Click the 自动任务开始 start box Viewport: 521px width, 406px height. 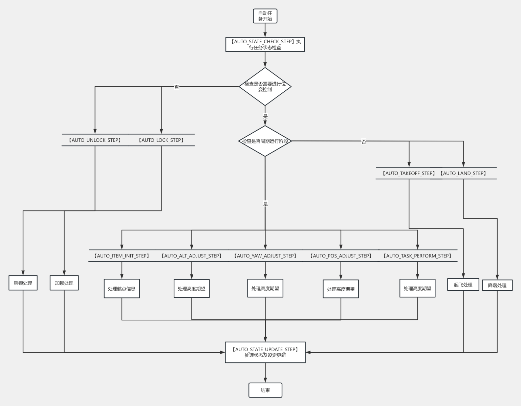pos(265,16)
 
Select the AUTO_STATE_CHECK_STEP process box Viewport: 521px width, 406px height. pos(265,44)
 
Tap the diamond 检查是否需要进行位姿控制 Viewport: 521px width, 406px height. pos(265,87)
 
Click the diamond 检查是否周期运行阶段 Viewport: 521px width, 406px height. pos(265,141)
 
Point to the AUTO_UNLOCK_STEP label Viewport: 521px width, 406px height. pos(95,140)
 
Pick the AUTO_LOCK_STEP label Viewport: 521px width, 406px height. pos(161,140)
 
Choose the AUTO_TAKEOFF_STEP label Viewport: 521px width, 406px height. pos(409,173)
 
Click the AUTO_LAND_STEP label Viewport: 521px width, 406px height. pos(463,173)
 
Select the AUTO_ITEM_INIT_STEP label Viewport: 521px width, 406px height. pos(122,256)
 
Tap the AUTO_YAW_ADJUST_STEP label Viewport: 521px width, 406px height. pos(265,256)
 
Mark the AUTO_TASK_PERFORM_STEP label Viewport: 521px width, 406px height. pos(417,256)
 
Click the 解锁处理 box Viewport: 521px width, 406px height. pos(23,283)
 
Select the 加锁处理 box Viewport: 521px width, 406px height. pos(64,283)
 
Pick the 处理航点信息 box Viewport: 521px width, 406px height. pos(122,289)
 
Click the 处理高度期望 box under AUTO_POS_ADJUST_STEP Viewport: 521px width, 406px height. pos(341,289)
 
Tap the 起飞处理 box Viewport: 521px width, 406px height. pos(463,285)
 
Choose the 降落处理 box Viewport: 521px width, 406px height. pos(497,285)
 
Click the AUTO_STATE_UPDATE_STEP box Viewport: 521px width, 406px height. pos(265,352)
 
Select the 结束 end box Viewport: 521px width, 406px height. pos(265,390)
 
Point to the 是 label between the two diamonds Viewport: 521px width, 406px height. pos(265,116)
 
